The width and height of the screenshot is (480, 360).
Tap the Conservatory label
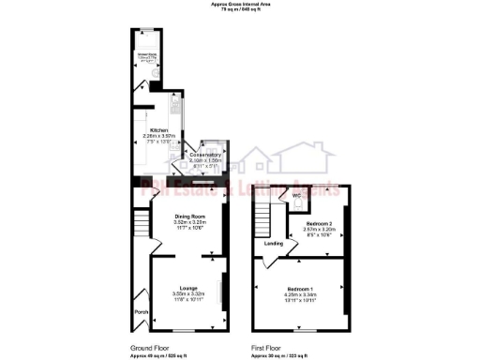[205, 155]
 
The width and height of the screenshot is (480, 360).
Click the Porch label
[142, 312]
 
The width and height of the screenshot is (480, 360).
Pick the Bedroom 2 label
[319, 222]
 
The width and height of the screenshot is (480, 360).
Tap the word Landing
[274, 244]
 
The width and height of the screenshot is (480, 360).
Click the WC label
[295, 195]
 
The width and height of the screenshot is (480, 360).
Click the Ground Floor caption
[148, 348]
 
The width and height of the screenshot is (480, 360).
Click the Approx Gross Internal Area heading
[240, 5]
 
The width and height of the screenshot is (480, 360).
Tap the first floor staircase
[262, 221]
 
